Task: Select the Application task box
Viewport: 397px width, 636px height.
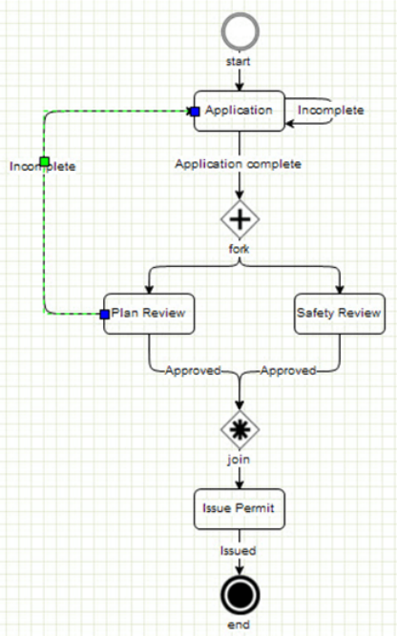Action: [x=240, y=111]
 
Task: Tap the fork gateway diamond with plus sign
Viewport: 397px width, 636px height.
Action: [x=240, y=219]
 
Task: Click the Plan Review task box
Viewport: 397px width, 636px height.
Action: [x=149, y=314]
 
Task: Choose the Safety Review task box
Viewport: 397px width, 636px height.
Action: [x=340, y=314]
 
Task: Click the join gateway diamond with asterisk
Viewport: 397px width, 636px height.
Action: [x=240, y=429]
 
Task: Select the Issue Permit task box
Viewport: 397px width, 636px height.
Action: [x=240, y=508]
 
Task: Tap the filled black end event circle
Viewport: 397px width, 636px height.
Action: [x=240, y=595]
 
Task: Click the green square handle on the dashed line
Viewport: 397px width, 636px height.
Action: [x=45, y=161]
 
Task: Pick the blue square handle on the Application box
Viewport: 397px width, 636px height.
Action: [x=196, y=112]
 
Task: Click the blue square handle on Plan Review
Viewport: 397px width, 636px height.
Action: [x=105, y=314]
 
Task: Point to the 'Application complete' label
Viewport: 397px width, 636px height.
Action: [x=239, y=164]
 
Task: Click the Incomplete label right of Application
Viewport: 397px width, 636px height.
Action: [x=331, y=111]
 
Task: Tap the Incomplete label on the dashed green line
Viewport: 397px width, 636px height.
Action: [x=43, y=166]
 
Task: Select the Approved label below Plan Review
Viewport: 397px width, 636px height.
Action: [x=193, y=370]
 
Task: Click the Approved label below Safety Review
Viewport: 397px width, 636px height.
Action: [x=288, y=370]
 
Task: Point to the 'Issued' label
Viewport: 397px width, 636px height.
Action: [x=239, y=550]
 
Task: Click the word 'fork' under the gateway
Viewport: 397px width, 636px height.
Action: [x=240, y=249]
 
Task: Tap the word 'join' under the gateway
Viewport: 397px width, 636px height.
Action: [x=239, y=460]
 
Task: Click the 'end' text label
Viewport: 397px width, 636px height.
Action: [x=239, y=625]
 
